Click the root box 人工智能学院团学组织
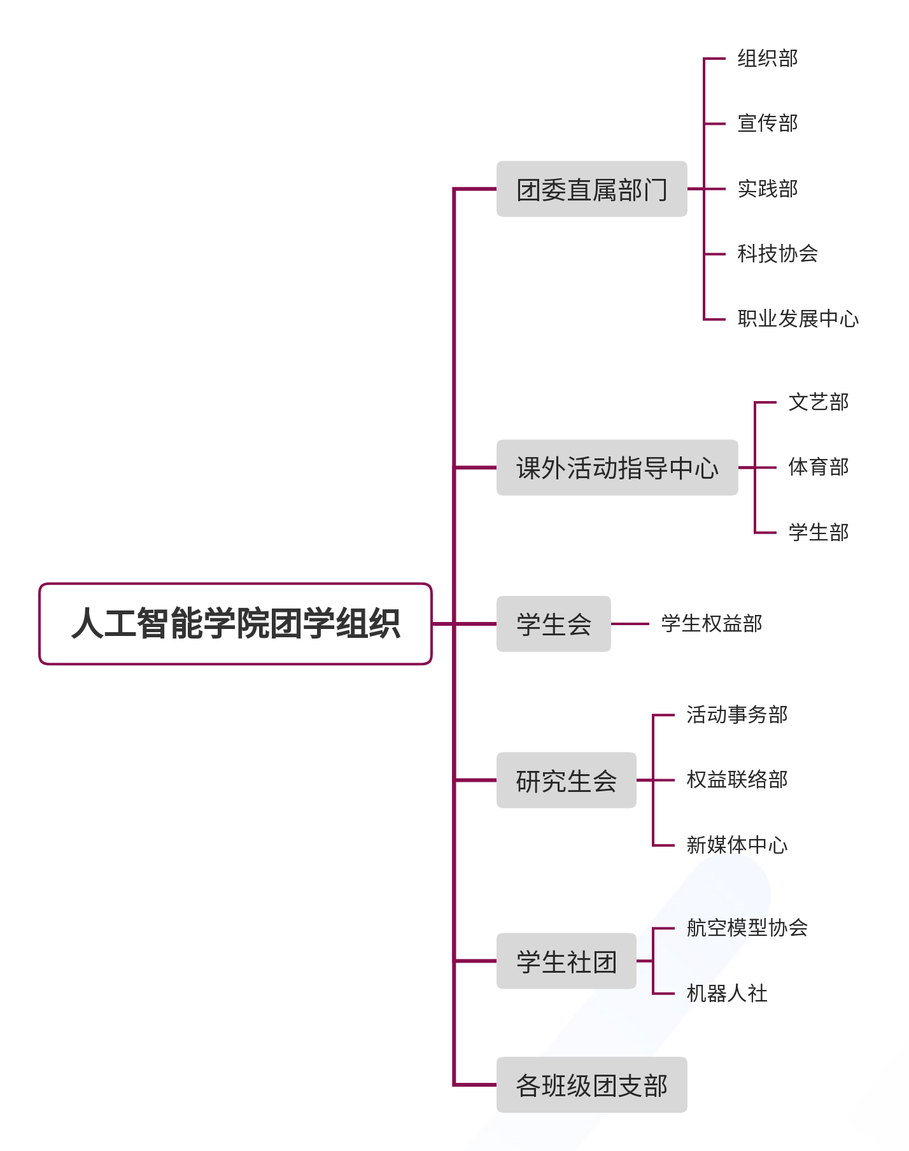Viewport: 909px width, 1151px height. point(236,623)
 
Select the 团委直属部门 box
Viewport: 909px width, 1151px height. point(591,189)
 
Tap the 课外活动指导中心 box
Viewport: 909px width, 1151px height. point(617,467)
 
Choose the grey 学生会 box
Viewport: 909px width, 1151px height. point(553,624)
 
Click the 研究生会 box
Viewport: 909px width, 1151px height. point(566,780)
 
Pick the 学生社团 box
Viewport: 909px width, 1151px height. point(566,961)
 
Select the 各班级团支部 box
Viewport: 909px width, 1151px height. point(591,1085)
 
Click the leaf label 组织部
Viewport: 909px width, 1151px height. point(767,59)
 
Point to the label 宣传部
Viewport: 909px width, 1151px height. point(767,124)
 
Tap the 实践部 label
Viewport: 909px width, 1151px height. point(767,189)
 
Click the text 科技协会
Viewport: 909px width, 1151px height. point(777,254)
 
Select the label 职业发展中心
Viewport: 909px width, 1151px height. point(798,319)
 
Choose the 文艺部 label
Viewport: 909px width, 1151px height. point(818,402)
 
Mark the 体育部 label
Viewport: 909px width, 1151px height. point(818,467)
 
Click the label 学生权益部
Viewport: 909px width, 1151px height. point(711,624)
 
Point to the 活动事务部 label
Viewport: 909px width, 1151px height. point(736,715)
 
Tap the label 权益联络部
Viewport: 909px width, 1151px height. point(736,780)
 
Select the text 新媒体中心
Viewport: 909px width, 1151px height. point(736,845)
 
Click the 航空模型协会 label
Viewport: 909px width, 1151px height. point(747,928)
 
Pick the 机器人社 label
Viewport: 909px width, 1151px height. point(726,993)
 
